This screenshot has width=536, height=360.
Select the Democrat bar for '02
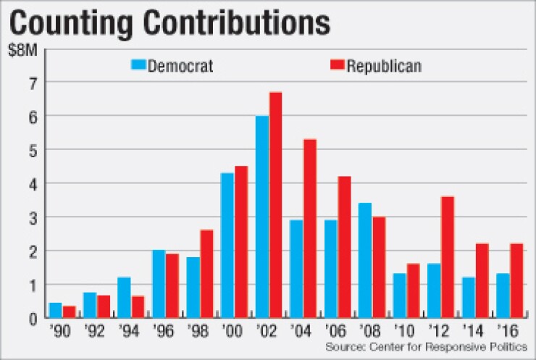tap(261, 217)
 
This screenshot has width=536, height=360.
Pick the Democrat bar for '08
tap(365, 260)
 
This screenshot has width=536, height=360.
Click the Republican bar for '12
tap(447, 257)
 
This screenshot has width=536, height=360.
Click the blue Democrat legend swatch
tap(138, 64)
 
